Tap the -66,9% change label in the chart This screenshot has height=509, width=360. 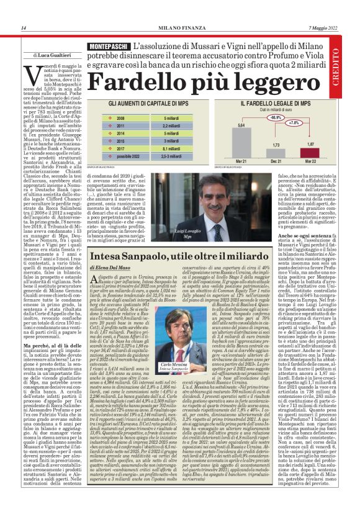[x=258, y=116]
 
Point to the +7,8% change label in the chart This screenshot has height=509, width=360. [x=293, y=122]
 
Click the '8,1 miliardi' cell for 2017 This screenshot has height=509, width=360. [x=172, y=149]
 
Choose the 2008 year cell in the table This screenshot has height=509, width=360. [x=122, y=117]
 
